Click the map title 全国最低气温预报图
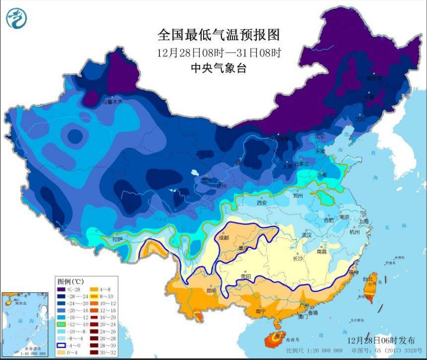[x=218, y=35]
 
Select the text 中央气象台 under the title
[x=218, y=69]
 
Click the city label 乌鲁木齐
[x=112, y=102]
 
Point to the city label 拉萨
[x=117, y=239]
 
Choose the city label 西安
[x=262, y=203]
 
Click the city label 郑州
[x=298, y=196]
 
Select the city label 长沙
[x=297, y=258]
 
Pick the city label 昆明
[x=212, y=290]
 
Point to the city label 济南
[x=321, y=175]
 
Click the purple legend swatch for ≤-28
[x=61, y=289]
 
